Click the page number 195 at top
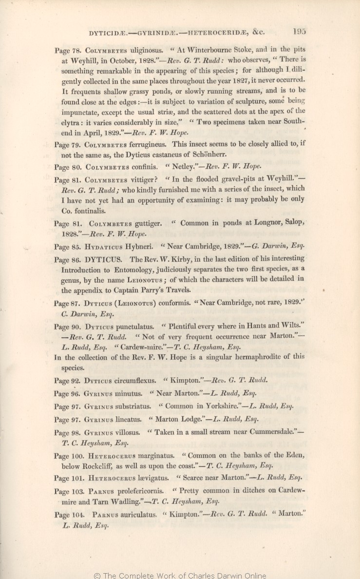(299, 32)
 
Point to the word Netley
(180, 167)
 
